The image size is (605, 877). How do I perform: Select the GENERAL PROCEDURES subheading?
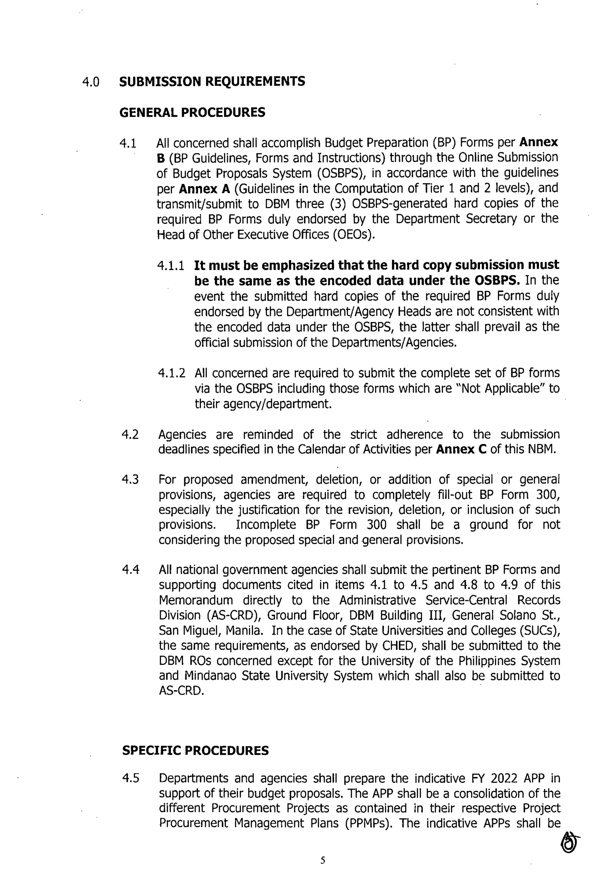[x=192, y=113]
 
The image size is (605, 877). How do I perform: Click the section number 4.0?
[x=91, y=82]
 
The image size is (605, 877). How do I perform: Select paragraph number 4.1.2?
[x=171, y=373]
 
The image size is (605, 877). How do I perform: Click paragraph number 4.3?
[x=130, y=480]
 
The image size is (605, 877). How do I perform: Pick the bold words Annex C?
[x=461, y=450]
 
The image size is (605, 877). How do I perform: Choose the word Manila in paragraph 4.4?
[x=244, y=630]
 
